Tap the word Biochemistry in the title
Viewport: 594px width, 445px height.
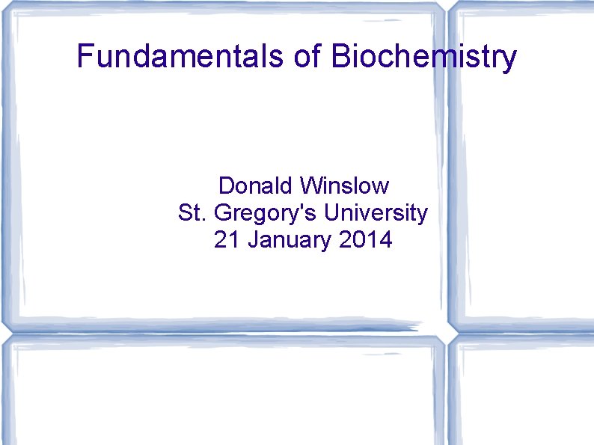click(x=424, y=58)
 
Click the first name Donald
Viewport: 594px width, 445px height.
click(x=255, y=185)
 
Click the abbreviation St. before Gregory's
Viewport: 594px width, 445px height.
click(x=192, y=213)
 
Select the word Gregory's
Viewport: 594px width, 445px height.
click(x=266, y=215)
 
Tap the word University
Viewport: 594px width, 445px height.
click(x=376, y=214)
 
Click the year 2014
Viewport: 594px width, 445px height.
click(x=367, y=241)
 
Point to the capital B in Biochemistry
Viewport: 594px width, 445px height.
click(x=341, y=56)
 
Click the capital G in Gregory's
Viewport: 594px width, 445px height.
click(x=223, y=213)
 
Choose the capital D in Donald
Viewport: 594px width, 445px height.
click(x=226, y=185)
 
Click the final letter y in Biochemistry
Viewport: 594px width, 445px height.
click(x=509, y=60)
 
